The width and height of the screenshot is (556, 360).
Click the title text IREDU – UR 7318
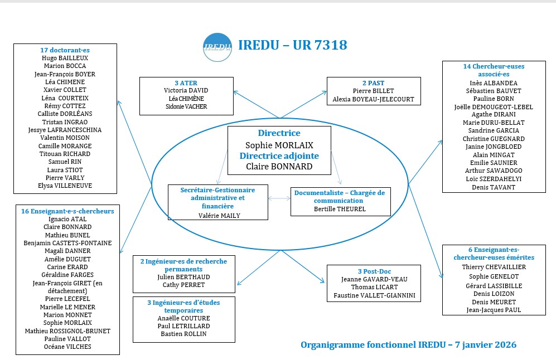(292, 45)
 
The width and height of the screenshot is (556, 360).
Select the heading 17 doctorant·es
(65, 50)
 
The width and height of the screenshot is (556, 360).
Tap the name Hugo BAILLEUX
(65, 58)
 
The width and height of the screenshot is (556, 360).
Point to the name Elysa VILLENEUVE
(65, 186)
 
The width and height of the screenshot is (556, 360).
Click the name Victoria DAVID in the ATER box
(185, 90)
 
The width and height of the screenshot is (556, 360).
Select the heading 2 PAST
(373, 83)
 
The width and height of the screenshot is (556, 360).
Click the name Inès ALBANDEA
(494, 82)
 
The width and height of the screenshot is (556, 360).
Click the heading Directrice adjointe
(279, 156)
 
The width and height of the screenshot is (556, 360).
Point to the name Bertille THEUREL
(340, 209)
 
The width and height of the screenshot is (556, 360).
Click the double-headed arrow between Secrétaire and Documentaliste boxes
(279, 198)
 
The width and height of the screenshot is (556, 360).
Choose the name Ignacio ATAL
(67, 219)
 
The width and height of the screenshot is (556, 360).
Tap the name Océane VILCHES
(67, 347)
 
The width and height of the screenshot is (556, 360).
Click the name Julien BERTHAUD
(184, 276)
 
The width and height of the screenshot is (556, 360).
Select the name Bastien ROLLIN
(184, 334)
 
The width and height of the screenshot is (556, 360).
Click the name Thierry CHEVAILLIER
(494, 267)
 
